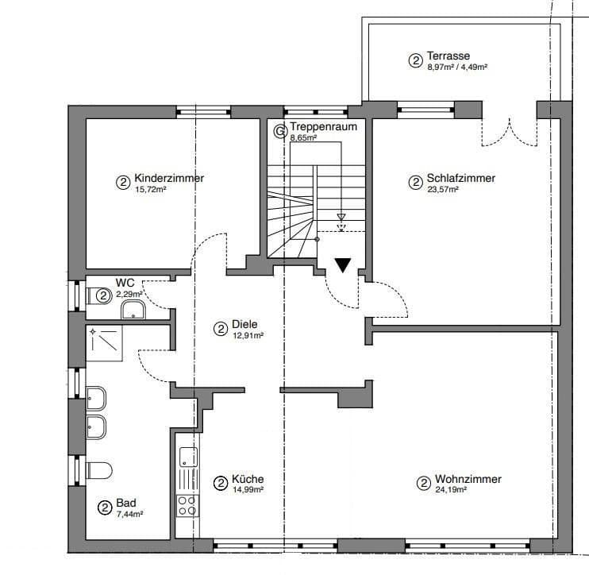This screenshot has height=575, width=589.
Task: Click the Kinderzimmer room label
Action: (x=169, y=179)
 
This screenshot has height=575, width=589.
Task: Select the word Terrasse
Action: (x=448, y=56)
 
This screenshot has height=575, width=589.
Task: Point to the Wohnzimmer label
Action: (x=468, y=480)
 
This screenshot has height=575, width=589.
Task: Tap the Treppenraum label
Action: (x=323, y=126)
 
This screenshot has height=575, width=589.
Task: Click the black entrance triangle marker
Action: (x=342, y=265)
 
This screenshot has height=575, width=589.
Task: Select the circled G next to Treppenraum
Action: (x=279, y=130)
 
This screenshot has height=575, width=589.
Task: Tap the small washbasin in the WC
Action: (x=133, y=309)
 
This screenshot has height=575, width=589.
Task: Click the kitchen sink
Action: (x=188, y=457)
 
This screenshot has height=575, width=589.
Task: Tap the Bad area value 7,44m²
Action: (x=129, y=514)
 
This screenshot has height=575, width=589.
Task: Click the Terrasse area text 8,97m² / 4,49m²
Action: (x=457, y=68)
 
